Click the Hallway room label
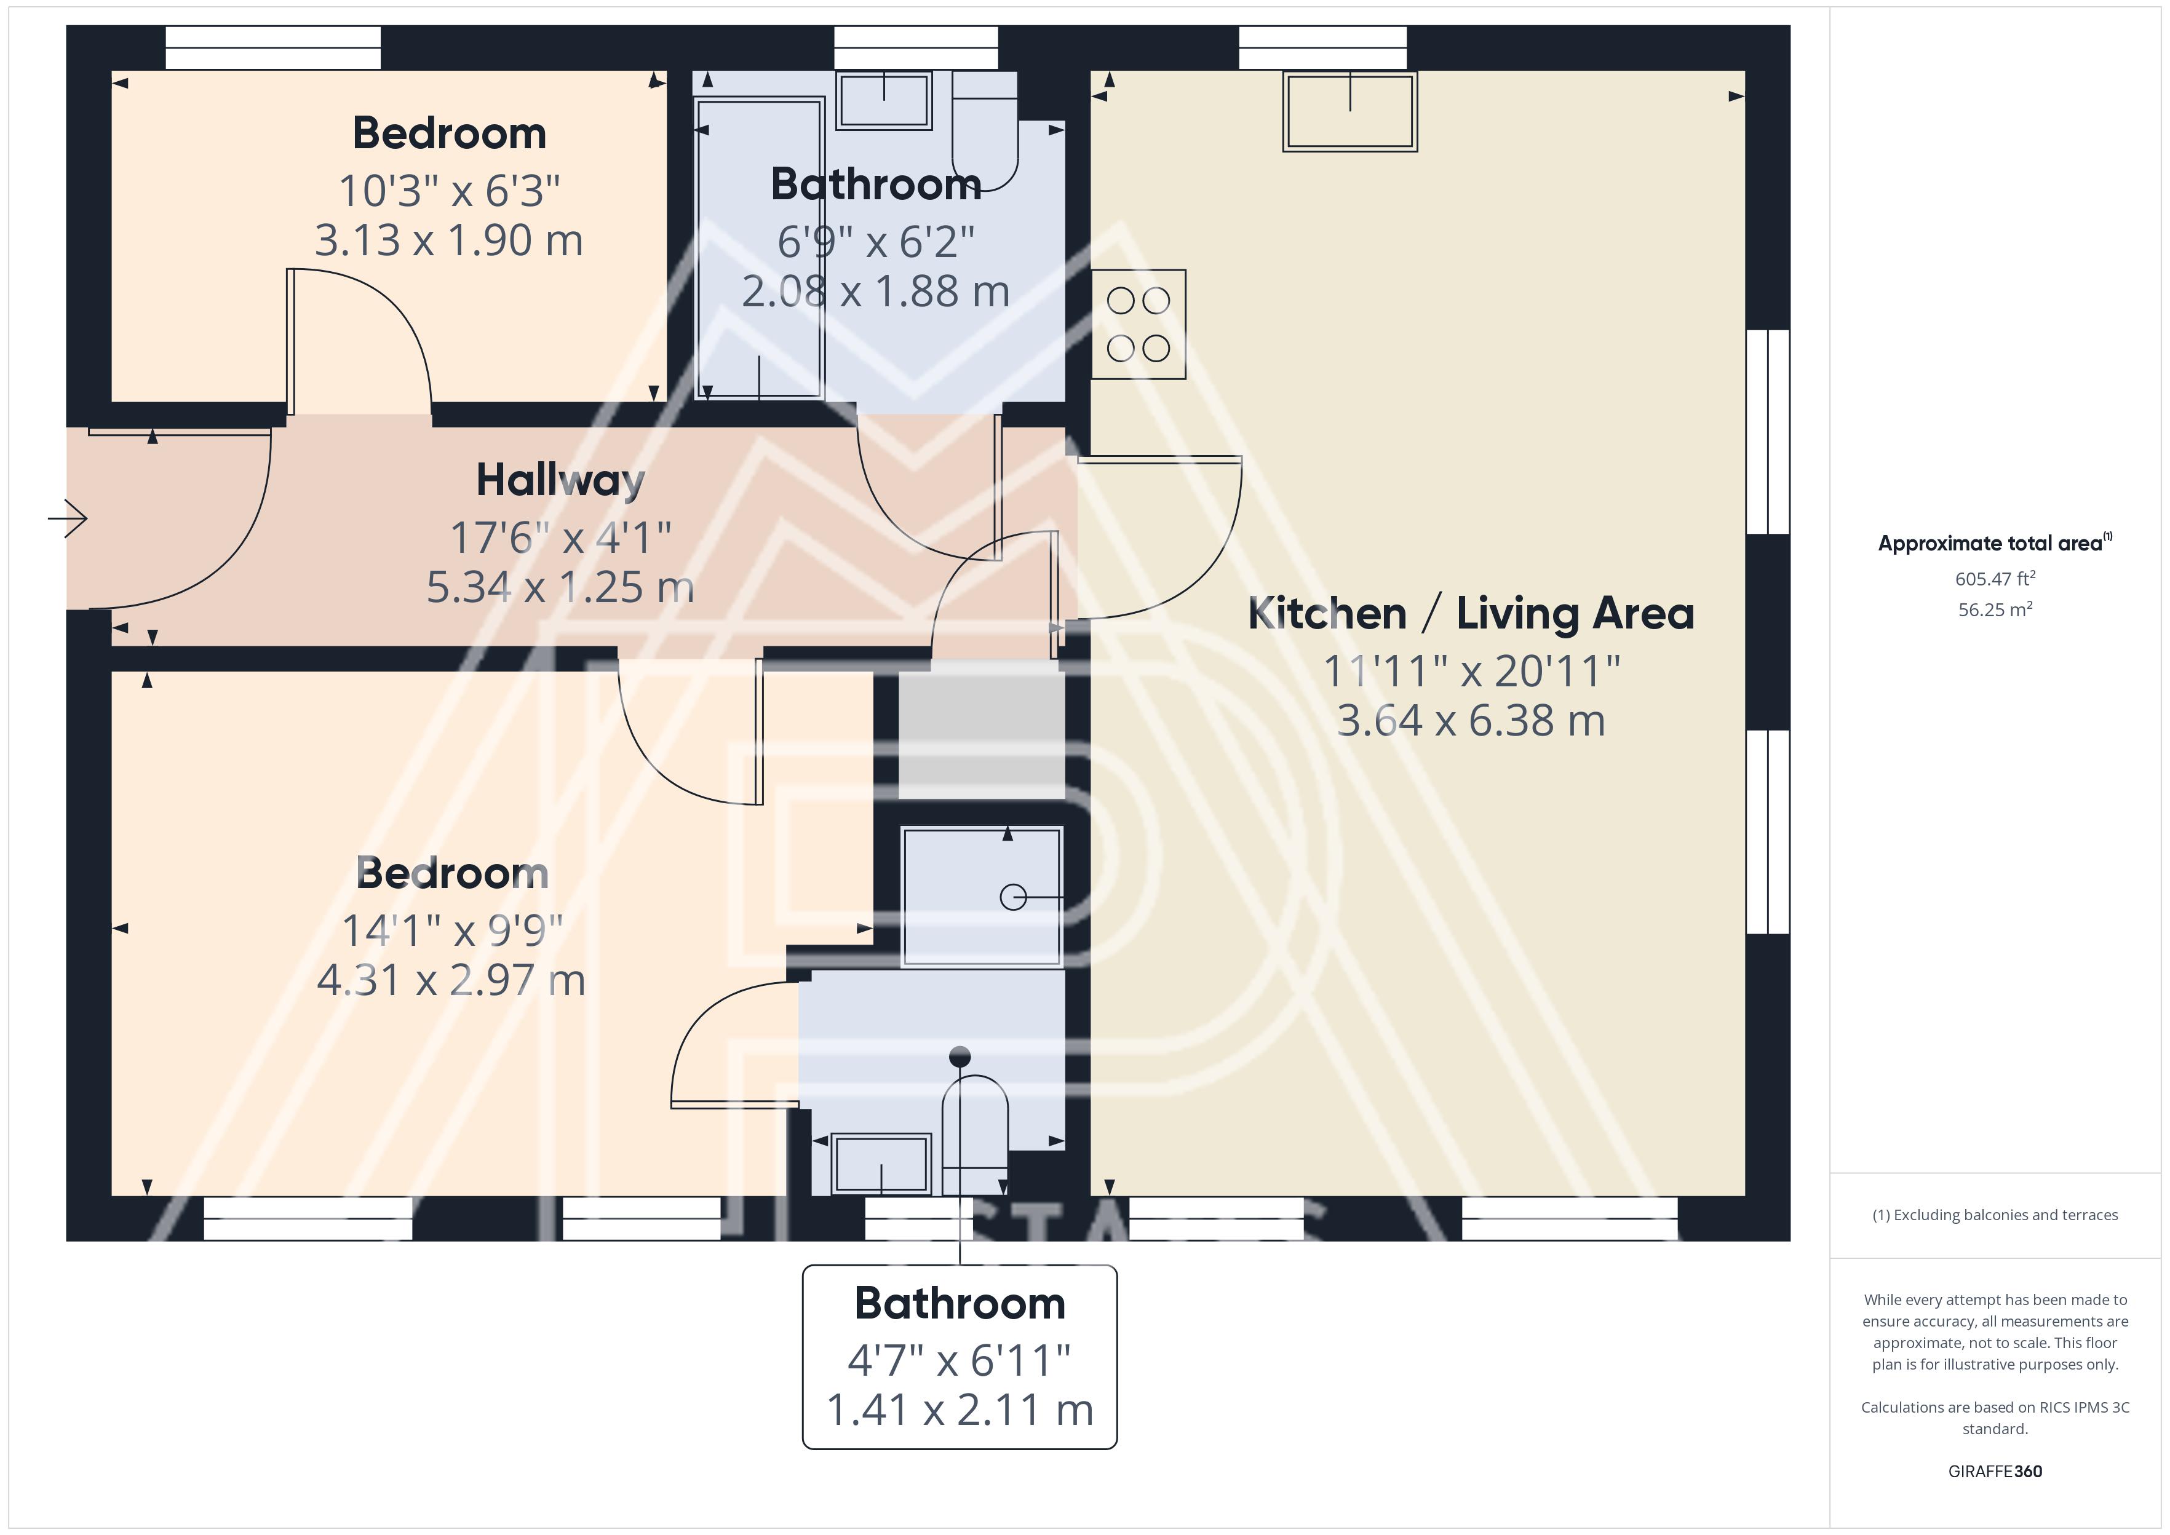(560, 481)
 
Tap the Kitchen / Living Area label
(1471, 613)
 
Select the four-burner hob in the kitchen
(1138, 324)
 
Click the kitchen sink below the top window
(1349, 111)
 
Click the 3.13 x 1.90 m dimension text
(449, 241)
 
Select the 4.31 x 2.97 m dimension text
(451, 980)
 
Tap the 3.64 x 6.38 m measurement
(1471, 721)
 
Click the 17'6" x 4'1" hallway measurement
(560, 538)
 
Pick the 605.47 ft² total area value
(1995, 579)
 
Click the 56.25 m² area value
(1995, 609)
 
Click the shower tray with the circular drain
(982, 896)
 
